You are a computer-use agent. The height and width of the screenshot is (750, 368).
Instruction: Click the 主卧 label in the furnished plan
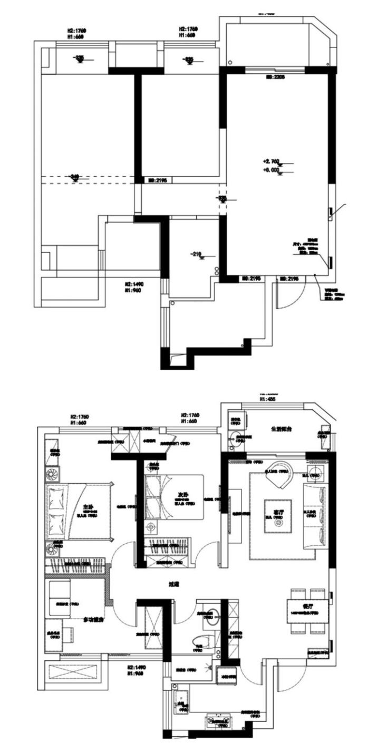point(88,507)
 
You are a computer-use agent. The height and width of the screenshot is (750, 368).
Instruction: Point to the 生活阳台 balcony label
point(278,429)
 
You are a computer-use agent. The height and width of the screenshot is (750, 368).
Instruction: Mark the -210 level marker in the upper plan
point(197,255)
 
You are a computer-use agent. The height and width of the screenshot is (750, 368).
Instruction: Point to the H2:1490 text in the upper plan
point(134,283)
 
